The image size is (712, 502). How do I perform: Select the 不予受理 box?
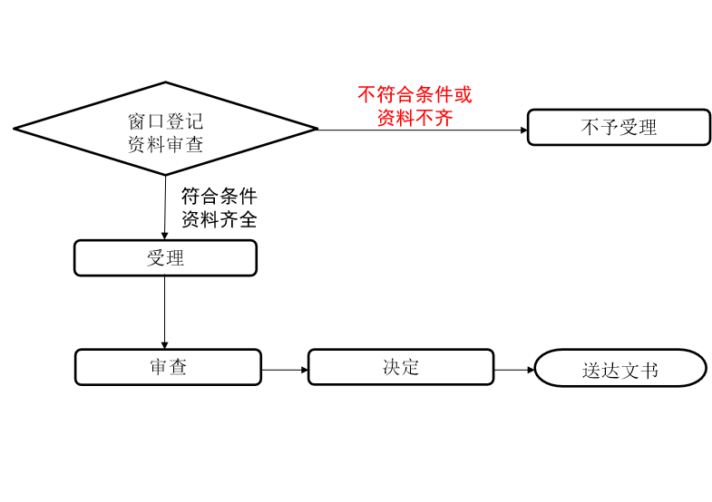coord(619,128)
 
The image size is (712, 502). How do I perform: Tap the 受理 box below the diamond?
coord(165,257)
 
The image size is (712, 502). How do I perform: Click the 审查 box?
coord(168,367)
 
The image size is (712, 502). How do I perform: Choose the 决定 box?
coord(401,367)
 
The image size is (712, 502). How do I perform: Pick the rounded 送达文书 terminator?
coord(619,369)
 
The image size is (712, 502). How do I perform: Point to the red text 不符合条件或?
coord(415,95)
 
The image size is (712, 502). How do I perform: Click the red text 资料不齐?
coord(415,117)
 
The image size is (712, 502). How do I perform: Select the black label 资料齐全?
coord(219,218)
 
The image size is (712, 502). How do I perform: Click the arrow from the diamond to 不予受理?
coord(422,130)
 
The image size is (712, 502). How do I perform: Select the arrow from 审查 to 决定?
coord(285,370)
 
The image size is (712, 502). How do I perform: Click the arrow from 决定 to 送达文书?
coord(514,370)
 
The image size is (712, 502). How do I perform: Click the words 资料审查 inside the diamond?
coord(166,142)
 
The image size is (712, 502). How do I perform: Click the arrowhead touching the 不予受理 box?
coord(523,130)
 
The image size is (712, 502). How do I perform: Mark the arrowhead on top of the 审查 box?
coord(164,345)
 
